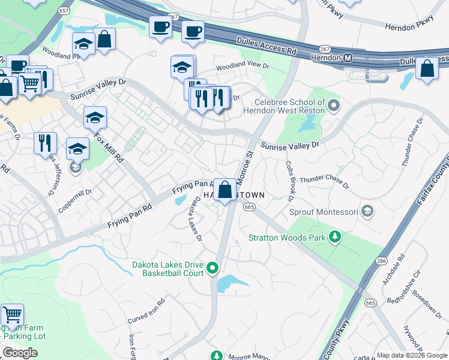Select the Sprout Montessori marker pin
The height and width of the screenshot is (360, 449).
point(367,212)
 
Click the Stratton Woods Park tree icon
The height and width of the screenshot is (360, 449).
point(335,238)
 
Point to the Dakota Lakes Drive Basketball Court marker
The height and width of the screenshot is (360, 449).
point(212,268)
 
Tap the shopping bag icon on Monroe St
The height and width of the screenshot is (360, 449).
point(224,190)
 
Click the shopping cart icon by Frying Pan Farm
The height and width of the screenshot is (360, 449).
point(12,315)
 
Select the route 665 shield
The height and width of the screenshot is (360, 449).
point(250,207)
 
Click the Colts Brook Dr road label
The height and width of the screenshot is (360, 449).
point(289,180)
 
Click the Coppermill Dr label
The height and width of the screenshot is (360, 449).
point(75,202)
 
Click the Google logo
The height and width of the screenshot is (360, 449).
point(20,353)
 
